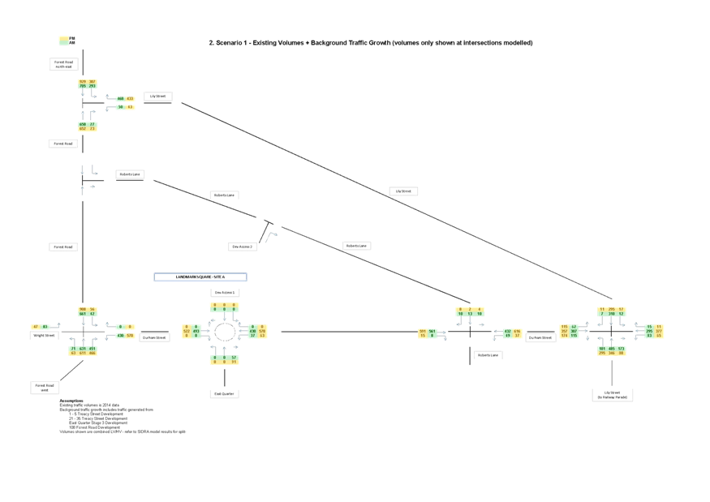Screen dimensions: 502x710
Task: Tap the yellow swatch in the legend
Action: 63,39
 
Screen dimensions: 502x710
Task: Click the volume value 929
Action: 83,82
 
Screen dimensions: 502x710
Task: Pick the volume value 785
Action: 83,87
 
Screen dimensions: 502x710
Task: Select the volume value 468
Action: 120,99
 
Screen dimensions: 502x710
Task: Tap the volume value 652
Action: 83,129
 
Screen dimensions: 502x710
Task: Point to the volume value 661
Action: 83,314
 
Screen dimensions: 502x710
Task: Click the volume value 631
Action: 83,349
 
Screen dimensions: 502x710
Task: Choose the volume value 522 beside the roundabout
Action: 187,331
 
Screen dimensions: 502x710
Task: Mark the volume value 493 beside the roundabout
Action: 196,331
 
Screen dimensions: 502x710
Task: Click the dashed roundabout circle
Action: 225,331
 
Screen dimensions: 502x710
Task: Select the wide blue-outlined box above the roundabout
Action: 200,277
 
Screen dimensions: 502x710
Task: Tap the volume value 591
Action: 423,331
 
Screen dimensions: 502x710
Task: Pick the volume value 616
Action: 517,331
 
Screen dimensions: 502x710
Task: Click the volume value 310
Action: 612,314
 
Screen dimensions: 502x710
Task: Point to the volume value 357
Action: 564,331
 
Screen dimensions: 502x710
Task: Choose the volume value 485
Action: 612,349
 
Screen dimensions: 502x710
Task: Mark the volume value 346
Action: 612,354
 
